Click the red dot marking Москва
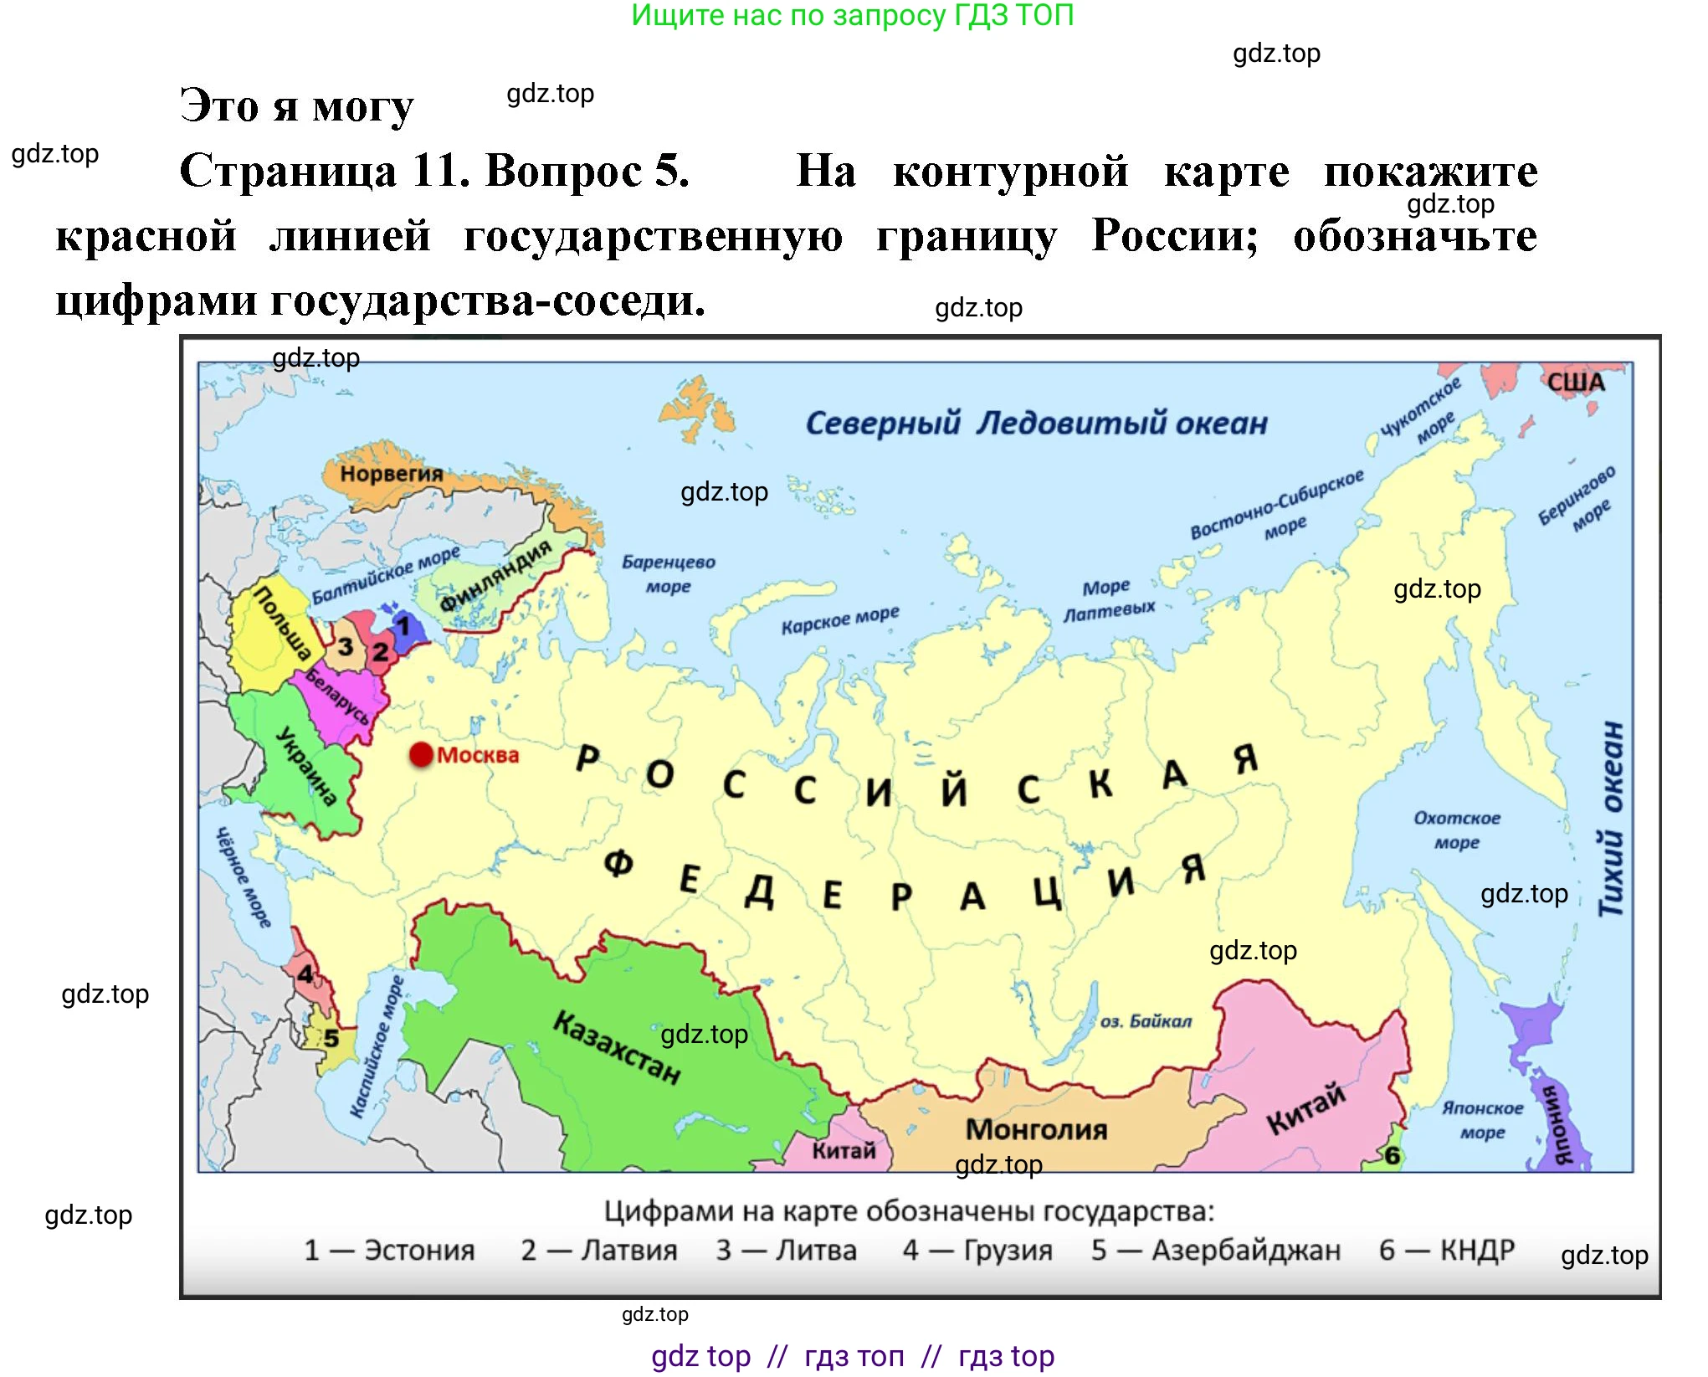pyautogui.click(x=421, y=755)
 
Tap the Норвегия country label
pyautogui.click(x=391, y=474)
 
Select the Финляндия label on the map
pyautogui.click(x=495, y=575)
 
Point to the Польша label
pyautogui.click(x=282, y=623)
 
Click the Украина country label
pyautogui.click(x=306, y=766)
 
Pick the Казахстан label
pyautogui.click(x=617, y=1046)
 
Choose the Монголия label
pyautogui.click(x=1036, y=1129)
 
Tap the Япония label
pyautogui.click(x=1562, y=1124)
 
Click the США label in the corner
pyautogui.click(x=1576, y=383)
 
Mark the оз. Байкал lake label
pyautogui.click(x=1146, y=1021)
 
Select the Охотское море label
pyautogui.click(x=1457, y=830)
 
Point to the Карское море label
pyautogui.click(x=840, y=619)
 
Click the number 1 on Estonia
pyautogui.click(x=403, y=625)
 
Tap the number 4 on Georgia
pyautogui.click(x=305, y=974)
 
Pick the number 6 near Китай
pyautogui.click(x=1392, y=1156)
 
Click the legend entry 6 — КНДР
pyautogui.click(x=1447, y=1250)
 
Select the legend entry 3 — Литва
pyautogui.click(x=787, y=1250)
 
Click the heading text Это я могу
pyautogui.click(x=297, y=106)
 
